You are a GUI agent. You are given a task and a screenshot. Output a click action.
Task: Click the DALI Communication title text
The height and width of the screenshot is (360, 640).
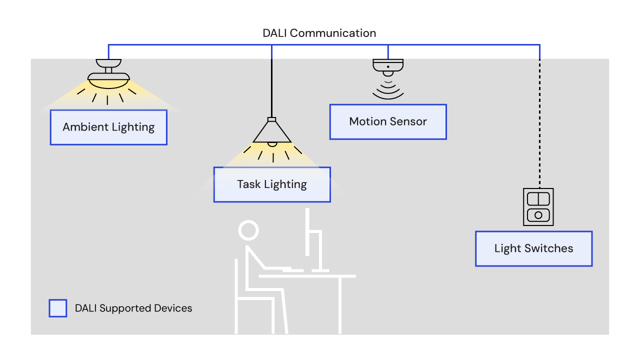tap(319, 33)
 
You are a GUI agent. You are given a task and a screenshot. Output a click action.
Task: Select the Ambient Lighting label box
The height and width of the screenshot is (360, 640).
tap(108, 127)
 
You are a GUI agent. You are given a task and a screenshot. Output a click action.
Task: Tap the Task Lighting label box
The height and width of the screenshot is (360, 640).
tap(272, 184)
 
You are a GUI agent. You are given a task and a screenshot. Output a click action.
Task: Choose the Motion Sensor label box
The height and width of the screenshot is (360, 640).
tap(388, 121)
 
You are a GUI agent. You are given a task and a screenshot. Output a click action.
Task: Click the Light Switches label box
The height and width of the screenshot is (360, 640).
tap(533, 248)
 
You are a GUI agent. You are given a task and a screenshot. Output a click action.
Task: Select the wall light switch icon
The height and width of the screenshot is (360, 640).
tap(538, 206)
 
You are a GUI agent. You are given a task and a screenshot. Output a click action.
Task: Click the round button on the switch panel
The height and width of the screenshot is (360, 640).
tap(538, 215)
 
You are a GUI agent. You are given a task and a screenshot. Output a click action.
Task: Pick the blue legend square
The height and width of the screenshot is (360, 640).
tap(57, 308)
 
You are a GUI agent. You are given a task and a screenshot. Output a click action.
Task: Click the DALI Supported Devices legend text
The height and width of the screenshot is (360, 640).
tap(133, 308)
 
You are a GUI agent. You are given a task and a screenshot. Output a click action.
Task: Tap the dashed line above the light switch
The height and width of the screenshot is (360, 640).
tap(539, 125)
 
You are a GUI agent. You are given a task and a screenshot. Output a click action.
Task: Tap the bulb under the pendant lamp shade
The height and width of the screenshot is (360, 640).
tap(271, 144)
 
